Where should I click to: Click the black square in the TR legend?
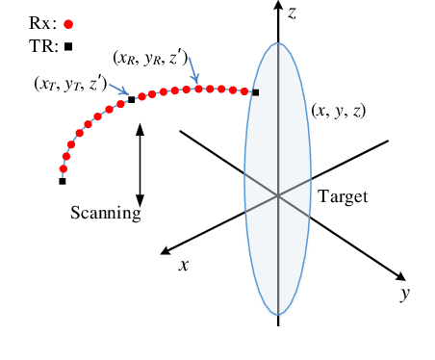[x=68, y=46]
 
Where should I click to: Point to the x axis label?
[x=183, y=264]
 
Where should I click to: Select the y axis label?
[x=405, y=294]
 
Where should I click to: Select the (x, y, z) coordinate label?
[x=338, y=111]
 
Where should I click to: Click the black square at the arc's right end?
[x=256, y=92]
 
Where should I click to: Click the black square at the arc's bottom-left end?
[x=63, y=181]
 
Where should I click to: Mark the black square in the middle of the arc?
[x=132, y=99]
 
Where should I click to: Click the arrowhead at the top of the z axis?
[x=278, y=10]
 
